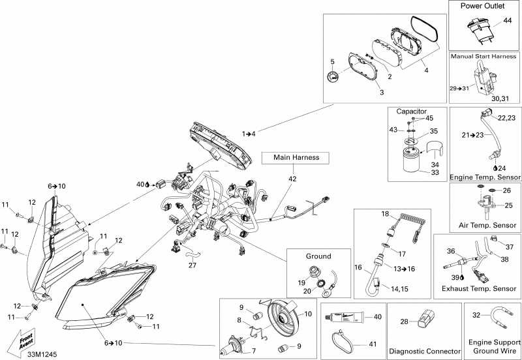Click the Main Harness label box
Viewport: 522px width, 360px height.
(x=295, y=157)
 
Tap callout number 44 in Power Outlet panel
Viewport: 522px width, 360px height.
(x=507, y=22)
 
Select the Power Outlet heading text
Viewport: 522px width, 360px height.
(x=485, y=6)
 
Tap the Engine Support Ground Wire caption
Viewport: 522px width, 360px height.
(x=493, y=346)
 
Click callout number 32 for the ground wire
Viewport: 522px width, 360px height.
(x=476, y=315)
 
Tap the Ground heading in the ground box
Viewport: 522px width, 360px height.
(x=319, y=256)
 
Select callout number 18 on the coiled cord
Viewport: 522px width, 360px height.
(x=385, y=213)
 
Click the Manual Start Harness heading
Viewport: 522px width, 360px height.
(x=484, y=57)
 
